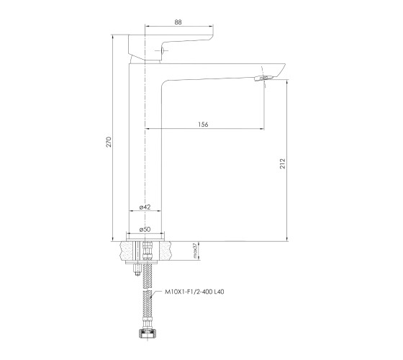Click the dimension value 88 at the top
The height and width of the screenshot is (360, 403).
point(178,22)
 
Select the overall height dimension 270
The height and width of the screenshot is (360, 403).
point(109,142)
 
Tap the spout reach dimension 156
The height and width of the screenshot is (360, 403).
point(203,125)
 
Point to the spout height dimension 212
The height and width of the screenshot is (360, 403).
point(282,163)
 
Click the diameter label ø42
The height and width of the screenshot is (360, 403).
point(145,207)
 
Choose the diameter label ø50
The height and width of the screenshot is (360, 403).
point(145,230)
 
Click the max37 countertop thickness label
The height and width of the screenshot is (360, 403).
point(194,251)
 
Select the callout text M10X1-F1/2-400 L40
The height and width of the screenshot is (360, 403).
point(194,292)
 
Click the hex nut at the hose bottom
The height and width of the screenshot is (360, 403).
point(148,333)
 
